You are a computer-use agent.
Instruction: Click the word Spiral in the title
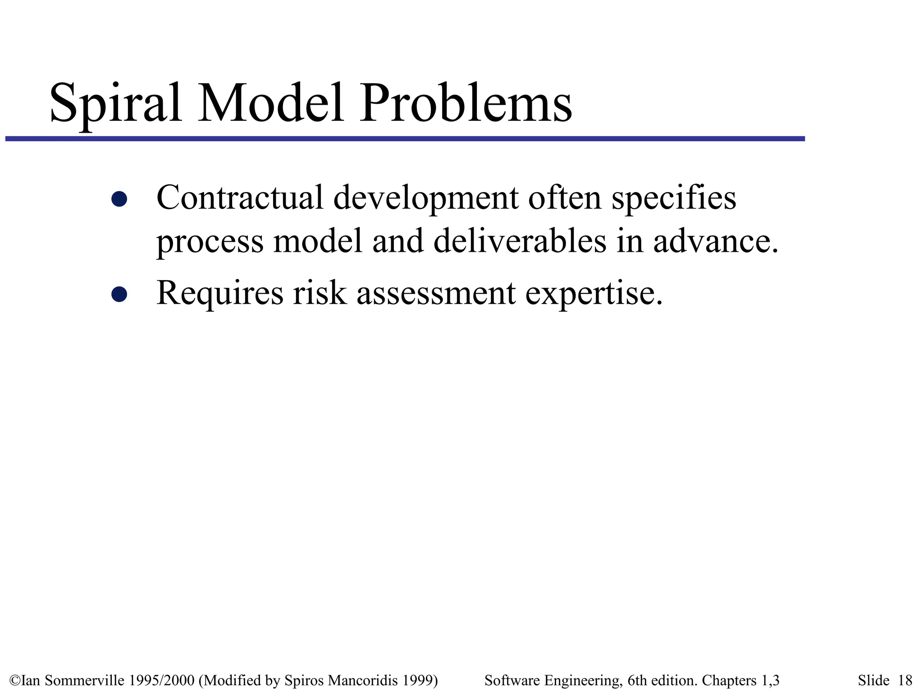coord(116,103)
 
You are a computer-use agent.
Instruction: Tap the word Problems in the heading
coord(466,103)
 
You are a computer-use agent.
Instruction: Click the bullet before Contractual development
coord(119,199)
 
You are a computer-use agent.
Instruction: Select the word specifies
coord(674,199)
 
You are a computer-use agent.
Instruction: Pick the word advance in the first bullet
coord(715,241)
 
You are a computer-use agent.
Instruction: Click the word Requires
coord(219,293)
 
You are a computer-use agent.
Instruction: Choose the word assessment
coord(436,293)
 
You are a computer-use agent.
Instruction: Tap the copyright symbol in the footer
coord(15,680)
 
